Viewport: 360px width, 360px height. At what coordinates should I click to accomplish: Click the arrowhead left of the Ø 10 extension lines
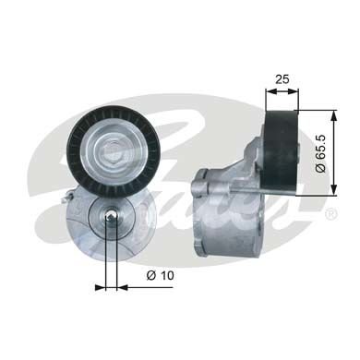(x=100, y=287)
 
